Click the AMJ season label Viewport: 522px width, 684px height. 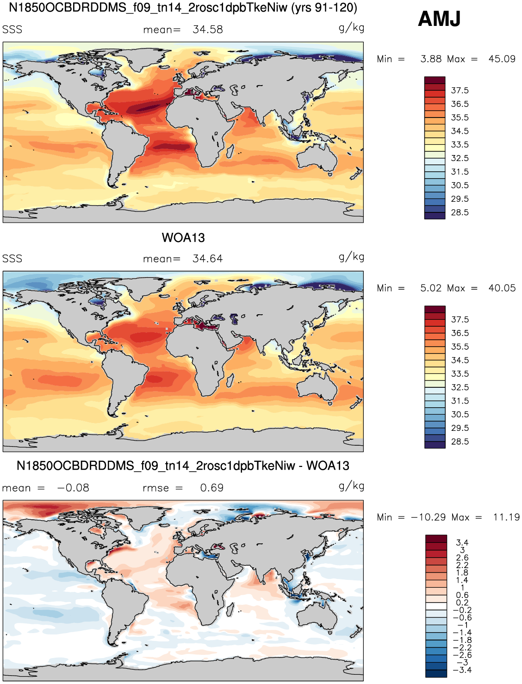tap(439, 19)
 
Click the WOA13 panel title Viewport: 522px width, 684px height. tap(183, 238)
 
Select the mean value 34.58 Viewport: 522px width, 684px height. tap(208, 29)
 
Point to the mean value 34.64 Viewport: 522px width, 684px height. tap(208, 258)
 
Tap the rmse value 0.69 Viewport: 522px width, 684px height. tap(212, 488)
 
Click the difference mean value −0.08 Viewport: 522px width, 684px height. tap(73, 488)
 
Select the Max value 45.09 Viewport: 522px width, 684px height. tap(502, 59)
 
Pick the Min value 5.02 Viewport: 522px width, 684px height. tap(431, 288)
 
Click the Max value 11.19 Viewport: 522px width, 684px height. tap(506, 517)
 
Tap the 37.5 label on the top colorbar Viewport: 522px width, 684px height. tap(460, 90)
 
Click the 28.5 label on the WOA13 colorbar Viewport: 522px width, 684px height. tap(460, 441)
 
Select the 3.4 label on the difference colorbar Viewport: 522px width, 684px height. tap(462, 542)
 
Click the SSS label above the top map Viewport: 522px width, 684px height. tap(12, 30)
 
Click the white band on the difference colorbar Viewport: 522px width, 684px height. tap(436, 606)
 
